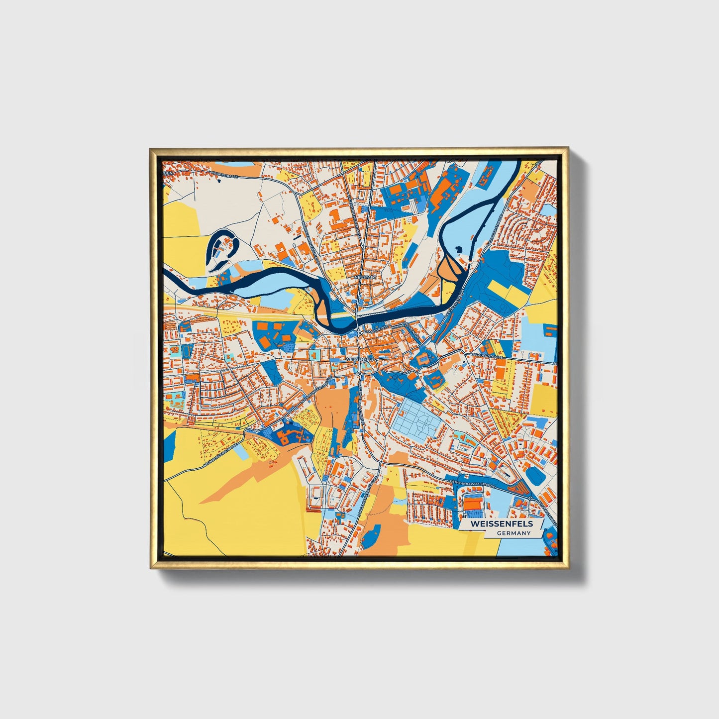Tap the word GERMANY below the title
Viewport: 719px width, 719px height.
514,533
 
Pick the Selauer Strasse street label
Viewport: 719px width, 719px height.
488,356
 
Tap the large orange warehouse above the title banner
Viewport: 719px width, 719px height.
473,504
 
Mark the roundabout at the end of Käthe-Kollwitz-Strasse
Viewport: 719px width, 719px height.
530,498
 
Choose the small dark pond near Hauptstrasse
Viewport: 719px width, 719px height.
218,181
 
